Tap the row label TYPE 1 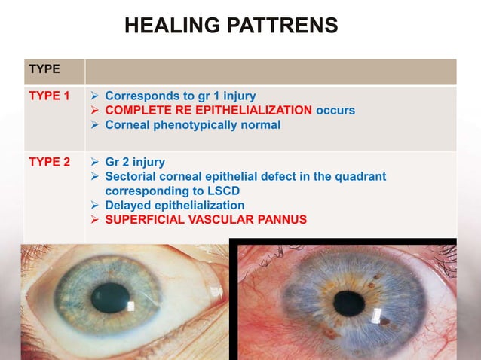pos(49,96)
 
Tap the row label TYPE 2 pos(49,161)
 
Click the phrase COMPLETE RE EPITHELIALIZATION pos(209,111)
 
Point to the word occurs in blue pos(335,111)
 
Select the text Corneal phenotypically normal pos(192,125)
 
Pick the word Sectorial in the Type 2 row pos(131,176)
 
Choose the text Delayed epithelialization pos(174,205)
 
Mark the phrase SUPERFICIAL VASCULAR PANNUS pos(206,219)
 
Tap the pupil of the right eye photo pos(349,303)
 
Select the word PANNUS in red pos(280,219)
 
